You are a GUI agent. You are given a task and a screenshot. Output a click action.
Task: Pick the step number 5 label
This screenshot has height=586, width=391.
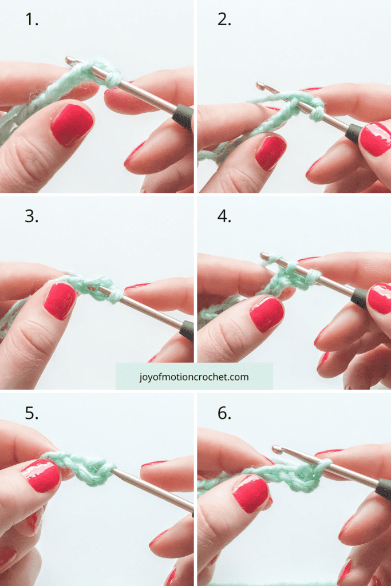point(32,413)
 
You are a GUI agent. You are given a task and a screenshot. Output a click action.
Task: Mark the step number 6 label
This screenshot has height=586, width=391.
point(224,413)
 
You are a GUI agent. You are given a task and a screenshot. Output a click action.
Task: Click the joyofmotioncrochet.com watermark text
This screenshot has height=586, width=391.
point(194,377)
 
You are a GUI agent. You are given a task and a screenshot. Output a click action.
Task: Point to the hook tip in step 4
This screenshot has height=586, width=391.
point(264,256)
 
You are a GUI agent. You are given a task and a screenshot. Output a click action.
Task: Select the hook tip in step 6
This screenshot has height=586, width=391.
point(277,449)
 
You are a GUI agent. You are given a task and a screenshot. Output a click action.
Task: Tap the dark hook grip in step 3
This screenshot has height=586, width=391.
point(187,330)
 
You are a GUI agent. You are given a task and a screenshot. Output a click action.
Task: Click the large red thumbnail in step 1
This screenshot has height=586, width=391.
point(72,124)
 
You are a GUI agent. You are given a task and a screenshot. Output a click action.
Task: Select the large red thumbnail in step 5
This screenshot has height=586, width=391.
point(41,476)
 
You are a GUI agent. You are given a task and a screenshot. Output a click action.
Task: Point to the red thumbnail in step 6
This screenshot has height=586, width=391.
point(250,493)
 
